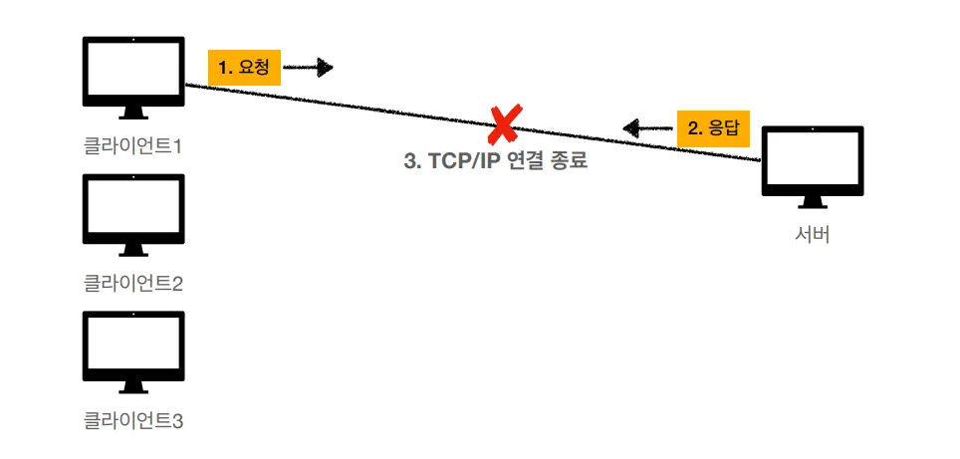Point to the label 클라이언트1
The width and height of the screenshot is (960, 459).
[133, 146]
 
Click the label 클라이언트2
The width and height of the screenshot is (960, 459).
[133, 284]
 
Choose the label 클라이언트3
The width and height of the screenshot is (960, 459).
[133, 421]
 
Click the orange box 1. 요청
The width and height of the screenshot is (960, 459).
[244, 68]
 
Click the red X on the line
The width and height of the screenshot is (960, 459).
[503, 124]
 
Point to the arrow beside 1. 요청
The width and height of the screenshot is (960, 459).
[308, 68]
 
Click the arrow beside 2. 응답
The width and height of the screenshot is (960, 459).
[645, 127]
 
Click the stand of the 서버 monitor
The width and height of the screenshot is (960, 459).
[813, 202]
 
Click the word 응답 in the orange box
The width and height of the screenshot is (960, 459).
[724, 127]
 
